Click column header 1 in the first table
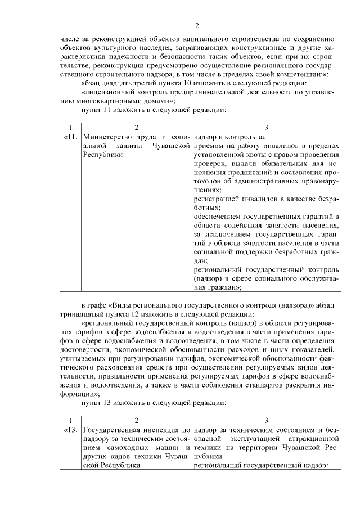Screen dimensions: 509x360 click(x=70, y=128)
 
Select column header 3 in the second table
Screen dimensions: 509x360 click(x=266, y=420)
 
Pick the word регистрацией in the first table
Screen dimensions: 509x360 click(x=216, y=200)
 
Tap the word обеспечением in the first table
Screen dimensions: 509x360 click(x=217, y=218)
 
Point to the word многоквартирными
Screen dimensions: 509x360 click(x=111, y=101)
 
